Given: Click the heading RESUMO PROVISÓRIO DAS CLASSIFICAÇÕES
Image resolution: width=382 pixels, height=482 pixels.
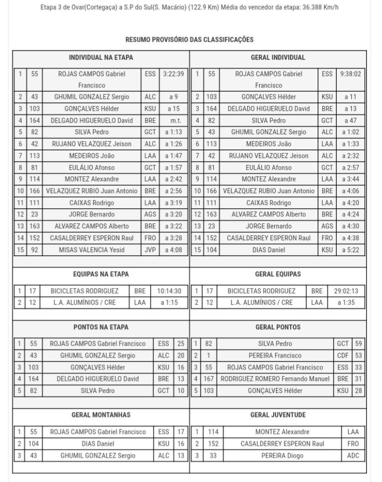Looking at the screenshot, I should (x=189, y=40).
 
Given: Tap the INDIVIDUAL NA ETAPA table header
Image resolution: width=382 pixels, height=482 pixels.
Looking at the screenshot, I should (x=101, y=57).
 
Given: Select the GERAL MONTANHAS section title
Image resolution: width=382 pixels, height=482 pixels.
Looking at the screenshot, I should (x=101, y=415).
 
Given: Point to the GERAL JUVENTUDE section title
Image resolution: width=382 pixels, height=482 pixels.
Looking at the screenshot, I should (x=278, y=415).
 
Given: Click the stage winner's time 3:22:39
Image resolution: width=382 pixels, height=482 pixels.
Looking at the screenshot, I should (x=173, y=74).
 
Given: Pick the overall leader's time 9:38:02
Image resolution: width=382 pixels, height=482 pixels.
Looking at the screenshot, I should (x=350, y=74).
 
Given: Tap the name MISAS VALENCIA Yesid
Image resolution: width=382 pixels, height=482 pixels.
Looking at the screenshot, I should (x=92, y=250).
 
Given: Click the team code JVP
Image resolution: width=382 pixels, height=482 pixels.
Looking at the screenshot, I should (x=148, y=250).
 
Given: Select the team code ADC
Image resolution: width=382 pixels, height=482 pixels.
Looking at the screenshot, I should (x=352, y=456).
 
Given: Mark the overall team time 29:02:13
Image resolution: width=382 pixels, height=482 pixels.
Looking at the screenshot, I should (x=346, y=291).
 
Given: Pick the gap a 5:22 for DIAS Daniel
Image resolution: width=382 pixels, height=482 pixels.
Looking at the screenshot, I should (x=350, y=250).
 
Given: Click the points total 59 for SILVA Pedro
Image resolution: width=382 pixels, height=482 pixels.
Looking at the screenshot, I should (x=358, y=343).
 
